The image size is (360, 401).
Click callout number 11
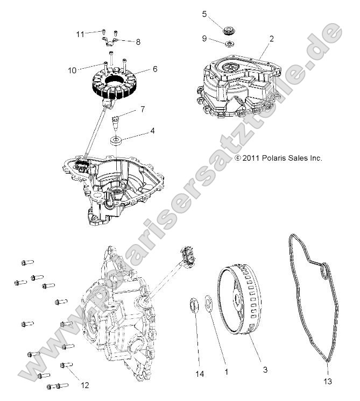(x=80, y=34)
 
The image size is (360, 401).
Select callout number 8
(x=138, y=41)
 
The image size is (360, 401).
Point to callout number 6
(x=155, y=69)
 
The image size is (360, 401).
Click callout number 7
(x=143, y=110)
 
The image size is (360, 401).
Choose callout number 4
(x=138, y=131)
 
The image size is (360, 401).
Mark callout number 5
(x=204, y=14)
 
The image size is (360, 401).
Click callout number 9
(x=204, y=38)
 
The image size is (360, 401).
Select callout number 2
(x=272, y=39)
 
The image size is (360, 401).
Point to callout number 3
(x=265, y=370)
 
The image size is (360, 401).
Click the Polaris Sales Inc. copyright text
(x=279, y=158)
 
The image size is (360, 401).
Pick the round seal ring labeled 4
(x=116, y=141)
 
